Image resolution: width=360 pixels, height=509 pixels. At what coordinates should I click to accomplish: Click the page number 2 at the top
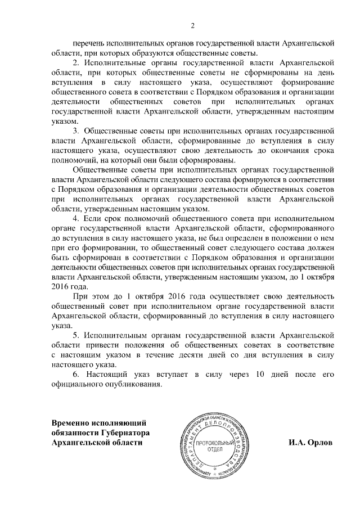(x=192, y=25)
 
